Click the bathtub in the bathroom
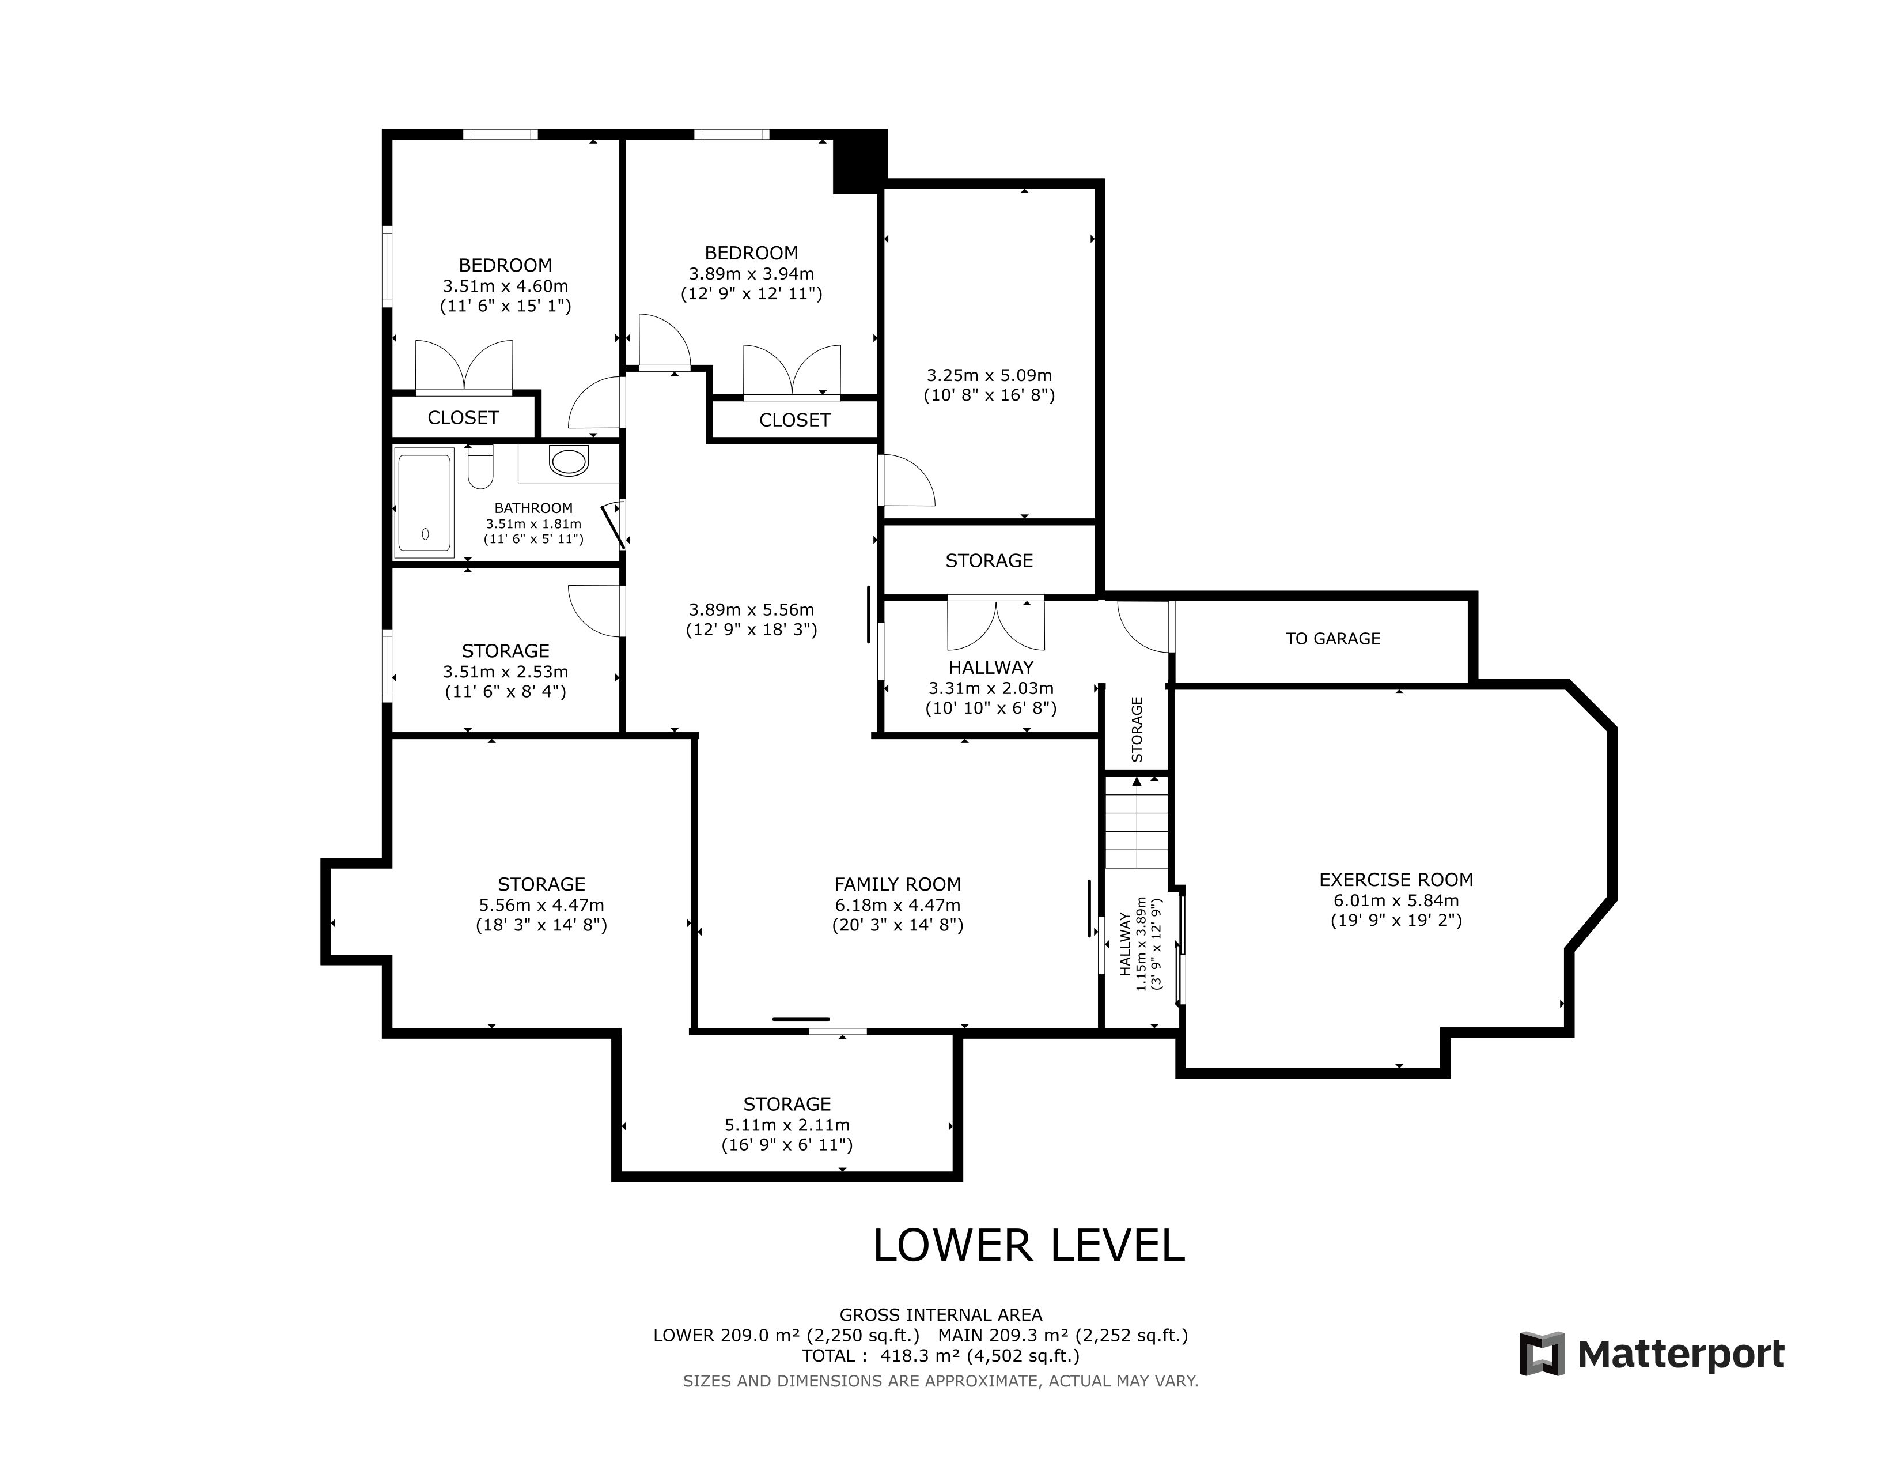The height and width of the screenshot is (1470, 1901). point(425,503)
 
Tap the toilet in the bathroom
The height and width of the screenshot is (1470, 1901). point(480,467)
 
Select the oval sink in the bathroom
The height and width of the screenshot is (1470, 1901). point(569,461)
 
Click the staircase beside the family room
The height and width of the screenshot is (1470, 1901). point(1136,821)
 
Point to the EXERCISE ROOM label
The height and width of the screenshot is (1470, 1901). point(1396,880)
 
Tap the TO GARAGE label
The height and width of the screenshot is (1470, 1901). point(1332,638)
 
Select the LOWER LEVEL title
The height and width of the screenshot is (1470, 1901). point(1029,1245)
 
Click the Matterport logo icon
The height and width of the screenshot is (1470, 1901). point(1542,1354)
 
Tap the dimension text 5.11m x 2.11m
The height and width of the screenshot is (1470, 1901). point(787,1125)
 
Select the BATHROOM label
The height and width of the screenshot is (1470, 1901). point(533,508)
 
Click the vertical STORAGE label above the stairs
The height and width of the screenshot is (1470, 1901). point(1137,729)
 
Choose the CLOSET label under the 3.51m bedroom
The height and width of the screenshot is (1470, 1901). point(463,418)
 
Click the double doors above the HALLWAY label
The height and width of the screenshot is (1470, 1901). point(996,624)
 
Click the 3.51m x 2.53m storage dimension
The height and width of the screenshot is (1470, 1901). point(506,672)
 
